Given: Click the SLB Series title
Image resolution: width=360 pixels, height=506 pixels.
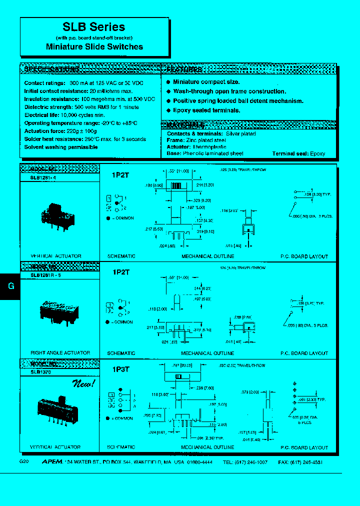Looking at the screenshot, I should pos(94,27).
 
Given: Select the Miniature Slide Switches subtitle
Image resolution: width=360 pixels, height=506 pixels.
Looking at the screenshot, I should pos(94,46).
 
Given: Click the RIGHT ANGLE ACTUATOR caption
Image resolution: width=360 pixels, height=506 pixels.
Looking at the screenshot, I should pos(60,353).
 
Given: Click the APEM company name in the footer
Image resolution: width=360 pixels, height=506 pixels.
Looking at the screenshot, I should pos(51,462).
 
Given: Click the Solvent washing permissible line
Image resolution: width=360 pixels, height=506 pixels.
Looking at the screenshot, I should pos(61,147).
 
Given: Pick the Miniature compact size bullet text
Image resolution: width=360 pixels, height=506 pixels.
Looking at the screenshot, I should pos(206,82).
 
